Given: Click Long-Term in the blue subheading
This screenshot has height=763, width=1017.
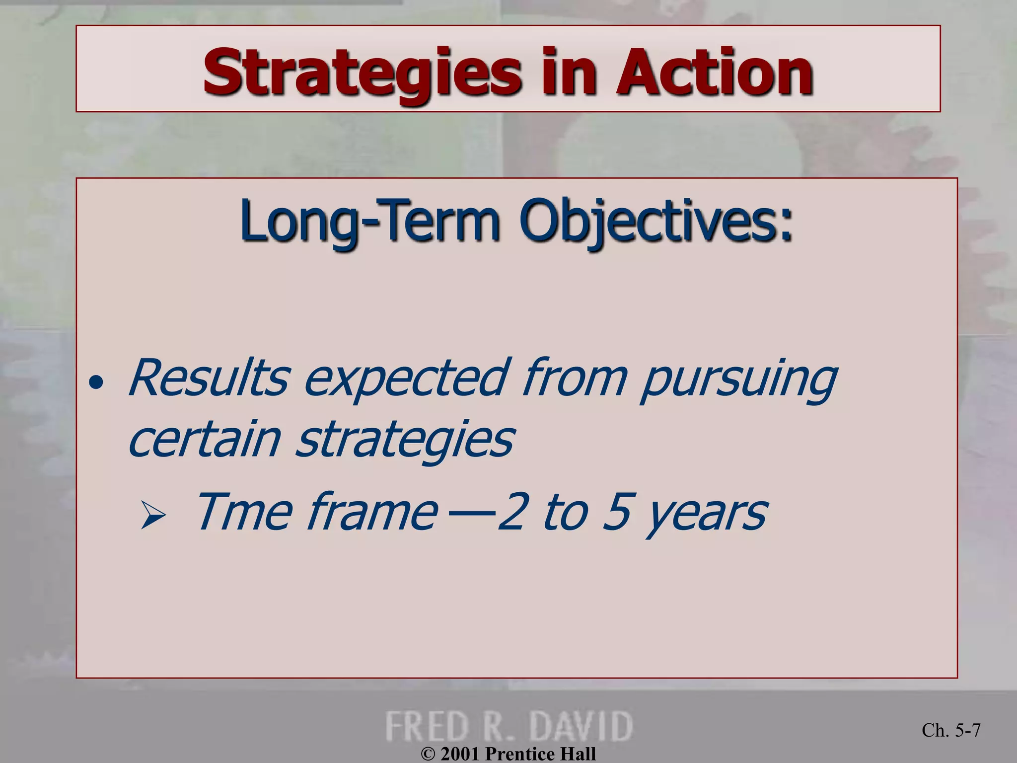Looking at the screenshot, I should coord(370,221).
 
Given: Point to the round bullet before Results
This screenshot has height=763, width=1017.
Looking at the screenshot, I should coord(96,382).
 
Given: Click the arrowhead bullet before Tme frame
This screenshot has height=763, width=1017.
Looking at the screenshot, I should coord(153,515).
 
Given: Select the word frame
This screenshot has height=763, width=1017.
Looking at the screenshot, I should coord(372,512).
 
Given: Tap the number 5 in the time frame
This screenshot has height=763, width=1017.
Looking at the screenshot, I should coord(617,512).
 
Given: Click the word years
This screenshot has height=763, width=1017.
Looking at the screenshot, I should coord(708,514).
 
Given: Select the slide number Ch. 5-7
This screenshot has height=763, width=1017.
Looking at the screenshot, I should coord(951,730).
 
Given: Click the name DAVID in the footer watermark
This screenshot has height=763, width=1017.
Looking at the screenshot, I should coord(581,726).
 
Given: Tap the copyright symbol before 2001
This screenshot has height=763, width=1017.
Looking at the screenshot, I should coord(428,754).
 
